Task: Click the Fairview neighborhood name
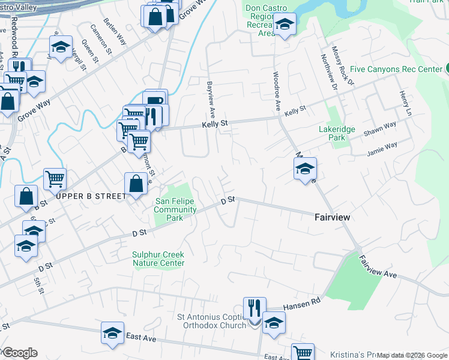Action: click(x=332, y=217)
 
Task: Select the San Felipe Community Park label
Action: click(x=175, y=209)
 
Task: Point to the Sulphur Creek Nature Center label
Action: click(x=158, y=259)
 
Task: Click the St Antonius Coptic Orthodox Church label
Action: click(x=217, y=321)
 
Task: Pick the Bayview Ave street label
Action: click(x=211, y=99)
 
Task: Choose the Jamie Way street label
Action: click(x=383, y=148)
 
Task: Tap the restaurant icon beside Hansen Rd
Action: click(x=255, y=308)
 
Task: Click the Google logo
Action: click(x=19, y=353)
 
